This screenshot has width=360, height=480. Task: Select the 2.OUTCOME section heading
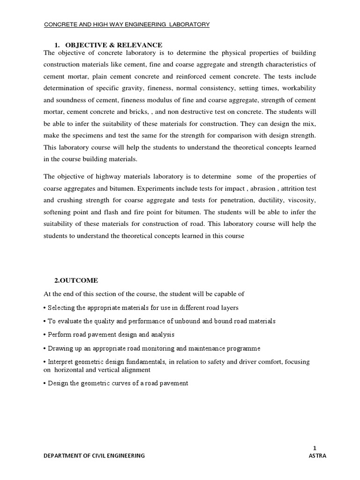(x=76, y=280)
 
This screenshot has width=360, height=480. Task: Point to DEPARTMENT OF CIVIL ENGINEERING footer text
(x=94, y=456)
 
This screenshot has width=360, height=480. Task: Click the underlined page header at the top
(x=127, y=24)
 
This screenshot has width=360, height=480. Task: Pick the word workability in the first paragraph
(x=298, y=88)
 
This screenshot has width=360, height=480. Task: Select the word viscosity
(x=301, y=200)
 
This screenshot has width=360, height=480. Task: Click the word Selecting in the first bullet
(x=62, y=307)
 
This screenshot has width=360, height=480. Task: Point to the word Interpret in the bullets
(x=61, y=362)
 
